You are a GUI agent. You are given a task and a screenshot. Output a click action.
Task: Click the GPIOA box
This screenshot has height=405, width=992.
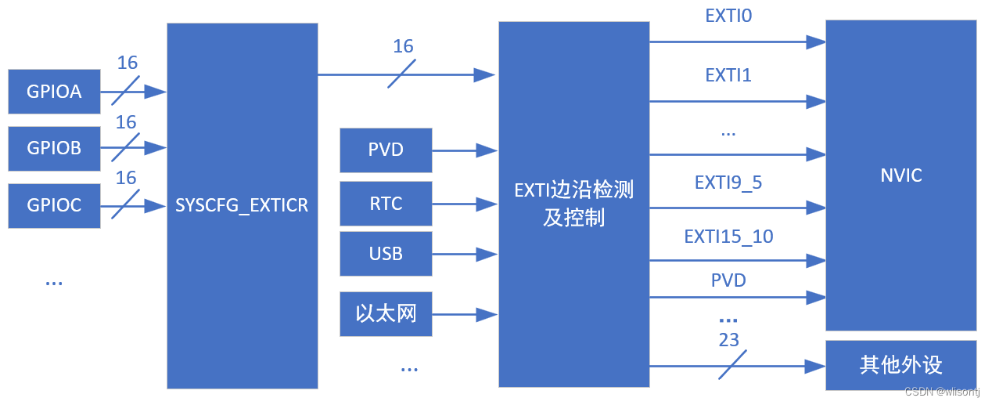54,92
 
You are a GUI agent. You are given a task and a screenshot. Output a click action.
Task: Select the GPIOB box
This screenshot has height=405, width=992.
54,148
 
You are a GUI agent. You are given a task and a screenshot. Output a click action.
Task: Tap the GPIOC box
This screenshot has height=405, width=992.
54,205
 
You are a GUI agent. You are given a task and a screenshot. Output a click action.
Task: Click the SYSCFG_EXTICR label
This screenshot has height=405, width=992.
242,206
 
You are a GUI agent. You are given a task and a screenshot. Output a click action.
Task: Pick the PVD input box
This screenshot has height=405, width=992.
386,150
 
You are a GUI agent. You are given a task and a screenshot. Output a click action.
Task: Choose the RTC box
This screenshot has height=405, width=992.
386,204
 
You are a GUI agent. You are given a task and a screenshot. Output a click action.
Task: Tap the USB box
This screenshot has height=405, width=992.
386,254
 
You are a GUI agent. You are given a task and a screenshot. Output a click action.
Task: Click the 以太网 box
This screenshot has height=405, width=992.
386,314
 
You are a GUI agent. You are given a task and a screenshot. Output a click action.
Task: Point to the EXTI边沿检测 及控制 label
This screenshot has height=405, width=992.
573,204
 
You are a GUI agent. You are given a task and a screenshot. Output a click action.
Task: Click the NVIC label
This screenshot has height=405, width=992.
900,175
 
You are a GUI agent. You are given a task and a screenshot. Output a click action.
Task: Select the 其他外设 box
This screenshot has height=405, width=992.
900,365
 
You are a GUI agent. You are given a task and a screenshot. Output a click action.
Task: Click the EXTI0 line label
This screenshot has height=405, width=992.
728,15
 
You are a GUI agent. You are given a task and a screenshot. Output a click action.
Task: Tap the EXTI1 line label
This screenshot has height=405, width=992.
728,75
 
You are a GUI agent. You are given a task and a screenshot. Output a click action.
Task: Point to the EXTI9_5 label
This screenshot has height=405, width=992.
728,183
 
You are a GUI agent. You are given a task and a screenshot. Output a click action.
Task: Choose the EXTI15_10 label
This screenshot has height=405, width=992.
728,236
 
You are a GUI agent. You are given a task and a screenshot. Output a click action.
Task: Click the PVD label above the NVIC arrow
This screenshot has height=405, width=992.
728,280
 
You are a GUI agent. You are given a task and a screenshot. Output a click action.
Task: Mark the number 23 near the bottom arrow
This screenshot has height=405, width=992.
728,340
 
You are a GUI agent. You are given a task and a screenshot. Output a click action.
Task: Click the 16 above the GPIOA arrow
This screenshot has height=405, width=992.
127,63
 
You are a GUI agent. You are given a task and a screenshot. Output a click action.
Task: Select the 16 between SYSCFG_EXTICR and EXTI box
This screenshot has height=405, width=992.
403,46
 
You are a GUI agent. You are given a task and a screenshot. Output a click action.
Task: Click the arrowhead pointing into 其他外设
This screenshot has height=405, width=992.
817,366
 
